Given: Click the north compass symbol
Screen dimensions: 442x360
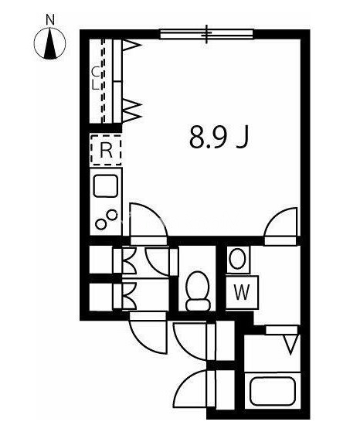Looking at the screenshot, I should (52, 44).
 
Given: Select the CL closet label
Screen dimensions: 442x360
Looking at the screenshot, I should (96, 77).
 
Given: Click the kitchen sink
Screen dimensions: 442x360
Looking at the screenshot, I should (106, 186).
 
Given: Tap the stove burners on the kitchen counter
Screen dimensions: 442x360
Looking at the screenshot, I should (107, 219).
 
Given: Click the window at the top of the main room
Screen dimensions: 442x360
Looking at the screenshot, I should (207, 33).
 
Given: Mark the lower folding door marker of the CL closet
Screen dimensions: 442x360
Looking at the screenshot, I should (131, 110).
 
